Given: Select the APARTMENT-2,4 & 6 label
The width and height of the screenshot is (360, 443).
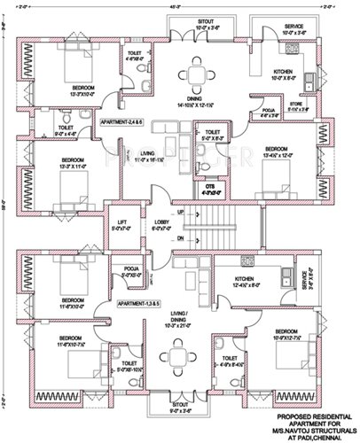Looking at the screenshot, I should point(124,119).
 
